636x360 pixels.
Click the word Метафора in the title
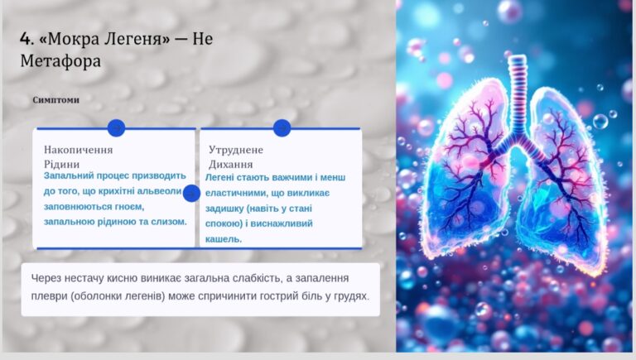[x=60, y=61]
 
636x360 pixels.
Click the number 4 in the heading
[x=25, y=39]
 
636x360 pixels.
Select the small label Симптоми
[x=56, y=100]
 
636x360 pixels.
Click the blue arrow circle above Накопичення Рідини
[x=117, y=128]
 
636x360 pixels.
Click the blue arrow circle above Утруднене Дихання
[x=282, y=128]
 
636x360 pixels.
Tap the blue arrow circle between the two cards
[x=191, y=194]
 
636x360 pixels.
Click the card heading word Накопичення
[x=79, y=150]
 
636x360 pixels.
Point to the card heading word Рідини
[x=61, y=164]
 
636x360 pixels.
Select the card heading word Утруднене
[x=236, y=150]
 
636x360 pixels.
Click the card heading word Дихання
[x=231, y=164]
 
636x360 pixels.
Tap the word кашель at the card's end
[x=224, y=239]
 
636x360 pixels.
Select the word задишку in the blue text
[x=224, y=209]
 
